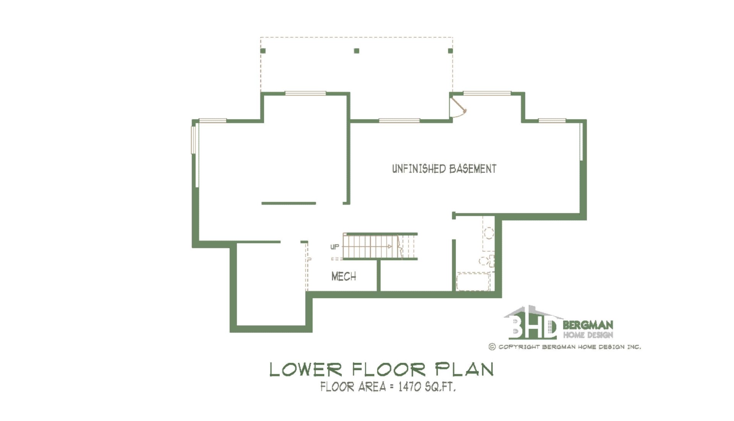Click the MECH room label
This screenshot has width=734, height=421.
point(344,276)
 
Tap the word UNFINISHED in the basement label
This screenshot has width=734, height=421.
point(419,169)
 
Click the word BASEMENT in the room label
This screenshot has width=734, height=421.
point(473,169)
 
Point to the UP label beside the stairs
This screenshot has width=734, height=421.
point(335,247)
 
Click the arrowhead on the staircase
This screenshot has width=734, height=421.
point(390,246)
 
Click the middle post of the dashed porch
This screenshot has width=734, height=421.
point(357,51)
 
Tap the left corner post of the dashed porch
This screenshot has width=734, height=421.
point(263,51)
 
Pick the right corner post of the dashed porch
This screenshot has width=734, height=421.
point(450,51)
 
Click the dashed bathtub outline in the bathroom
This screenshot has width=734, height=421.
point(473,281)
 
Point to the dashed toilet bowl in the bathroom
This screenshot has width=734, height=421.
point(484,261)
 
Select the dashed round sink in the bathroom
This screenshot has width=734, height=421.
point(489,233)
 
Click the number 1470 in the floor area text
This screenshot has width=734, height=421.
point(409,387)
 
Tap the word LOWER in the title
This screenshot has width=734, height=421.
point(306,369)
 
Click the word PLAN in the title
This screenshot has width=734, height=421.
point(464,369)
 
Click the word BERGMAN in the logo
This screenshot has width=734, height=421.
point(588,325)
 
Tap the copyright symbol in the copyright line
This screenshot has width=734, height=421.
point(492,347)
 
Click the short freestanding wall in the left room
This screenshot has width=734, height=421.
point(289,203)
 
